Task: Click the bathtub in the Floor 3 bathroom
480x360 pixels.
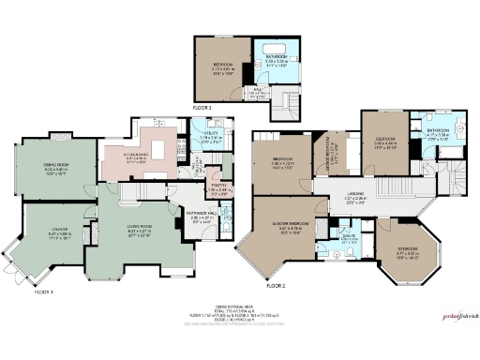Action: [277, 48]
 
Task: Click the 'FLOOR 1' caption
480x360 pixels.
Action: [18, 292]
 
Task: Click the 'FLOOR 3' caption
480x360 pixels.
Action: [203, 109]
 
